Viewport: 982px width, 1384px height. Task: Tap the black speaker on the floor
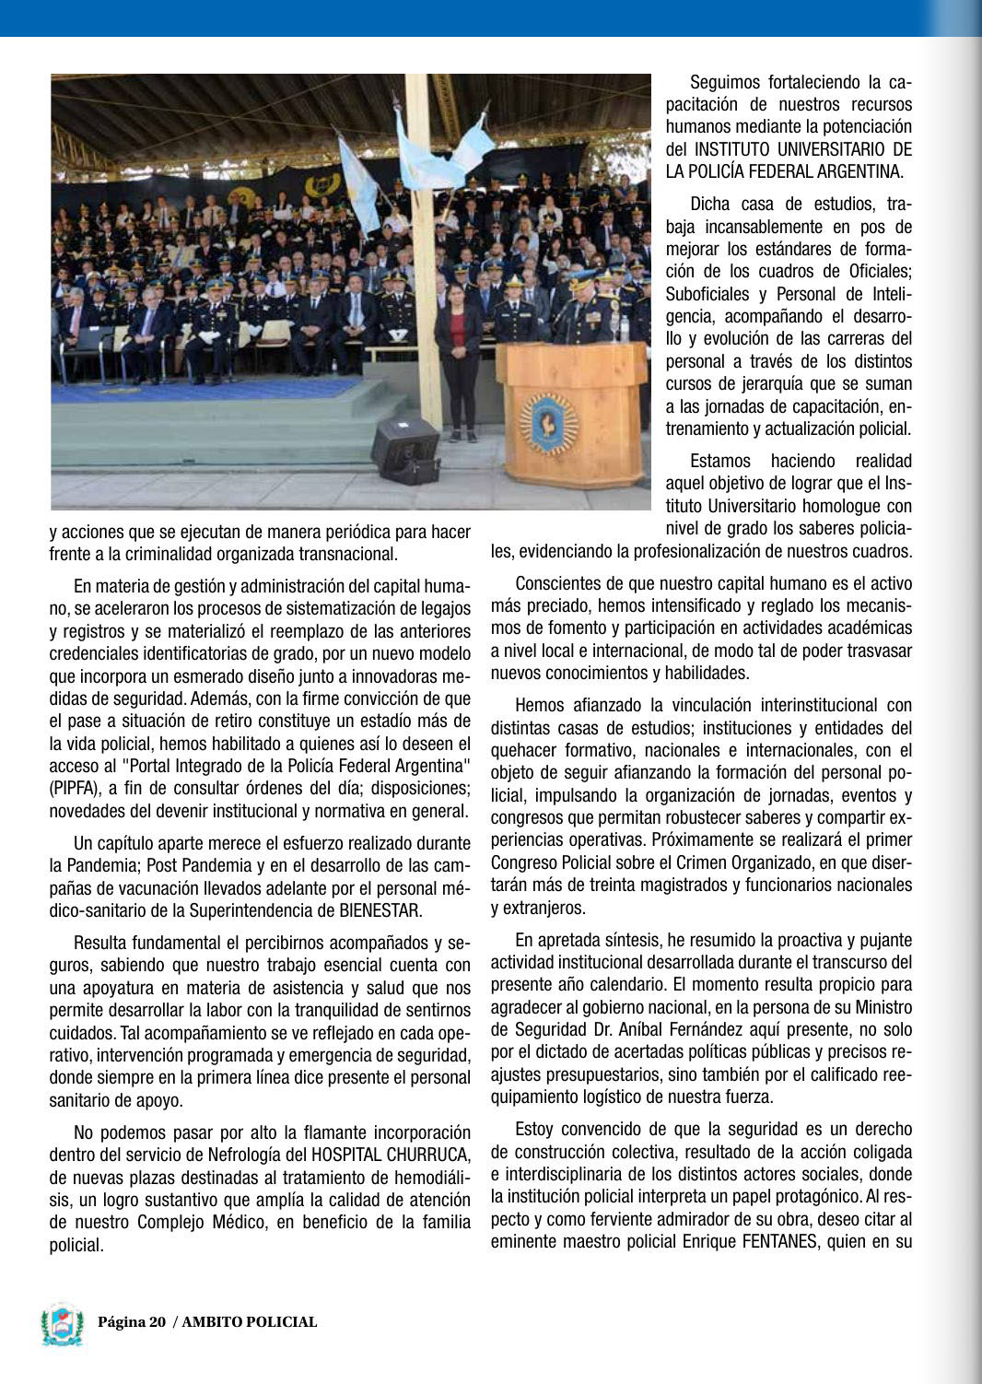[x=405, y=448]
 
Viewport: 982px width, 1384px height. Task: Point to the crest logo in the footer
[x=63, y=1324]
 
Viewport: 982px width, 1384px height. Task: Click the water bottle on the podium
[x=625, y=329]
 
